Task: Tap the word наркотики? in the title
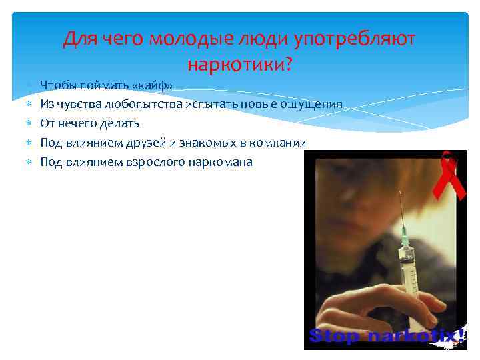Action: [240, 65]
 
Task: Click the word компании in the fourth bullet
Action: [281, 143]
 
